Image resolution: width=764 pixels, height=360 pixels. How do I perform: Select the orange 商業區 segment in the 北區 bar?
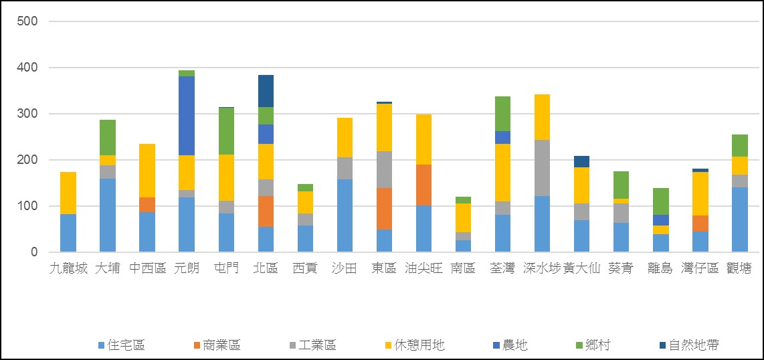[266, 211]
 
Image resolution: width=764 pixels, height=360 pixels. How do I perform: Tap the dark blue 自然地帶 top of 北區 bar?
[266, 90]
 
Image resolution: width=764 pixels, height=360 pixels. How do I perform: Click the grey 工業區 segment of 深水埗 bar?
[542, 168]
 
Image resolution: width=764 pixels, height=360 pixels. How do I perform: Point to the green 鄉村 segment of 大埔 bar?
[108, 137]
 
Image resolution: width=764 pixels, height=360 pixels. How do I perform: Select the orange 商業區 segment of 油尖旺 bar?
[423, 185]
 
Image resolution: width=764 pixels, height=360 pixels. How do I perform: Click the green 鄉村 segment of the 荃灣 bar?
[502, 113]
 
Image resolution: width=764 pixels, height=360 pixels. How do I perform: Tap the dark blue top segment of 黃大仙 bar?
[581, 161]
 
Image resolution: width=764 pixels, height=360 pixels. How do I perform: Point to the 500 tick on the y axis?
[27, 21]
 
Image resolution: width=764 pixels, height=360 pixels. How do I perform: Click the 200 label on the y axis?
[27, 160]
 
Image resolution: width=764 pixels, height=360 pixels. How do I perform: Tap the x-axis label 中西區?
[147, 268]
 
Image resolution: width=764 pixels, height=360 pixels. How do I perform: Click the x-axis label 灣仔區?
[700, 268]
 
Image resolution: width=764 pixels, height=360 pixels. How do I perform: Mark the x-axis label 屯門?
[226, 268]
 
